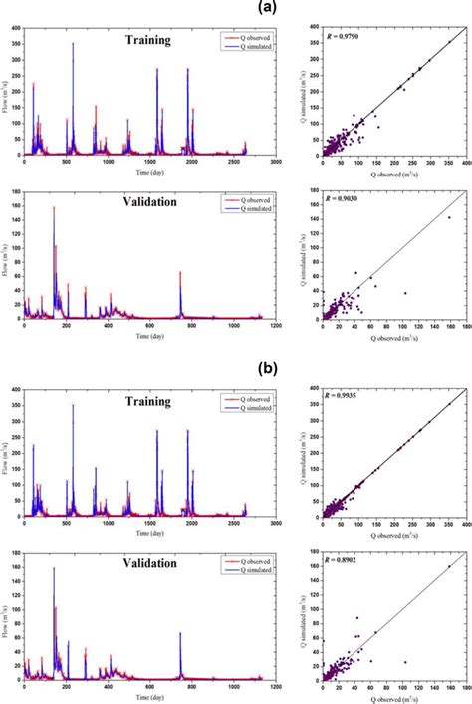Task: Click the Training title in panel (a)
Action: pyautogui.click(x=147, y=41)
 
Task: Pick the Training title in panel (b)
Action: pyautogui.click(x=147, y=402)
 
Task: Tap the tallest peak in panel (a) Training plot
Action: pyautogui.click(x=72, y=44)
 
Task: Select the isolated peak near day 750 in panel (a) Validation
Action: pyautogui.click(x=180, y=272)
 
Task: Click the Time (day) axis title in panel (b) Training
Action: pyautogui.click(x=146, y=531)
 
